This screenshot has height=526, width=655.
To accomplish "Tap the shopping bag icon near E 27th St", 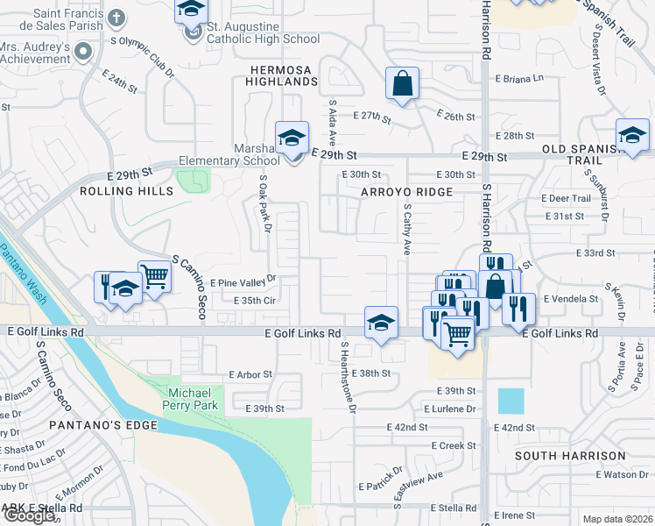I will pos(402,85).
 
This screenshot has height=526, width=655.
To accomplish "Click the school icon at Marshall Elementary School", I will pos(292,138).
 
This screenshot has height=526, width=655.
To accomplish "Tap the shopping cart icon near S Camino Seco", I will pos(154,276).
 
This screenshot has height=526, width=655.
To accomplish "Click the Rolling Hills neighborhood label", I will pos(123,190).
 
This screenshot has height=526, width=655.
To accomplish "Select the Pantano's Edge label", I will pos(103,425).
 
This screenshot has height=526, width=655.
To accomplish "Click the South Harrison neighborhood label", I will pos(570,456).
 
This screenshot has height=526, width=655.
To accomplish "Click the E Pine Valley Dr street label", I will pos(243,282).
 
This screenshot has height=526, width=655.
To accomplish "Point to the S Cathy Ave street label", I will pos(406,231).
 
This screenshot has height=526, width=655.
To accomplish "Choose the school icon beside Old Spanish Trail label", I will pos(632,136).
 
